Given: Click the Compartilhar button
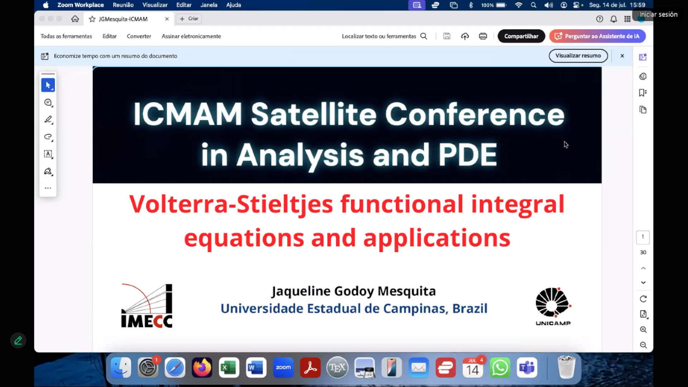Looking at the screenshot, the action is (521, 36).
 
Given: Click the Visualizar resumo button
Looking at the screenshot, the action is (578, 56).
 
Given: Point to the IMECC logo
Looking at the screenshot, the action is (147, 306).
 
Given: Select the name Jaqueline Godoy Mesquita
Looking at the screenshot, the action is (354, 291).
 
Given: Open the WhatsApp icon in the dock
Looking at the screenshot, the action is (500, 368).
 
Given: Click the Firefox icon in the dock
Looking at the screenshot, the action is (202, 368).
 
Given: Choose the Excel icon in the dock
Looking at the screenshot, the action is (229, 368).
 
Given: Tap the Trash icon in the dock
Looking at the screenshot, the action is (567, 367).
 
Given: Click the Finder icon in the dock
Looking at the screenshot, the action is (121, 368).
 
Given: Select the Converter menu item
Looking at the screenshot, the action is (139, 36).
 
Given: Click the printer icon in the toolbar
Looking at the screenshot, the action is (483, 36).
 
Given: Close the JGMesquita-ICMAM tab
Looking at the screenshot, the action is (167, 19).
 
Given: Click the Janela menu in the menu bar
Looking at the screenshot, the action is (209, 5).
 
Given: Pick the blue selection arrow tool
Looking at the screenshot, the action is (48, 85).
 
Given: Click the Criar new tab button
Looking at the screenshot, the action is (189, 19).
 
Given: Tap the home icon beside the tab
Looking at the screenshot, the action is (75, 19).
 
